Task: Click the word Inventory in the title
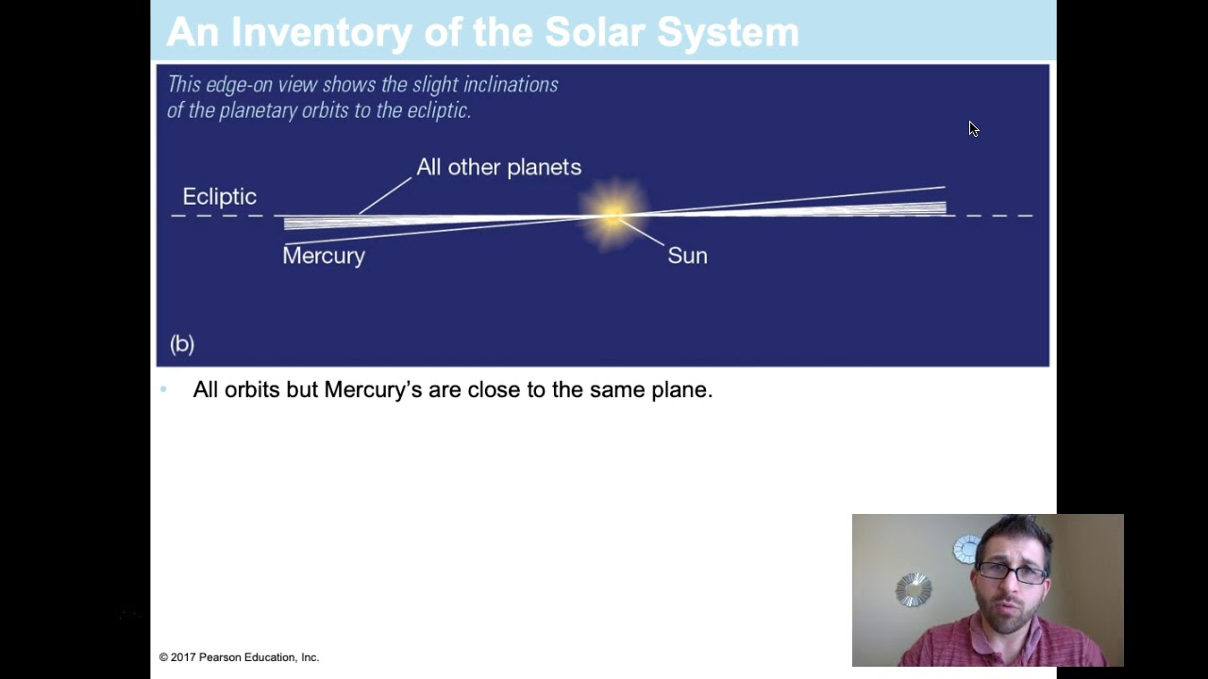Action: click(x=321, y=33)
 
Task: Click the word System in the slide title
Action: click(x=728, y=33)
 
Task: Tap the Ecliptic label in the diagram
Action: click(x=219, y=196)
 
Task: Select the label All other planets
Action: click(x=498, y=167)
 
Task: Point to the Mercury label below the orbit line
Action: click(x=324, y=256)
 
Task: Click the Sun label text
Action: click(x=687, y=256)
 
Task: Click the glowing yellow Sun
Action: click(x=612, y=214)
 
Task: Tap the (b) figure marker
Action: click(x=182, y=343)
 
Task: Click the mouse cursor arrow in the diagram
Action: click(x=973, y=128)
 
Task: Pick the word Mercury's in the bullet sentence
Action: click(x=373, y=389)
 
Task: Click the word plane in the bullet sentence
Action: click(x=679, y=389)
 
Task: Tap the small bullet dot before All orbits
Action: click(x=163, y=389)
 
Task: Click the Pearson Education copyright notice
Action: click(x=239, y=657)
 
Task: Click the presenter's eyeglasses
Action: click(x=1012, y=571)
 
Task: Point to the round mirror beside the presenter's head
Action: click(x=913, y=589)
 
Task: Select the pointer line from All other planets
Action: click(x=385, y=195)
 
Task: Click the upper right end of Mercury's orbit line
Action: click(x=943, y=189)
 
